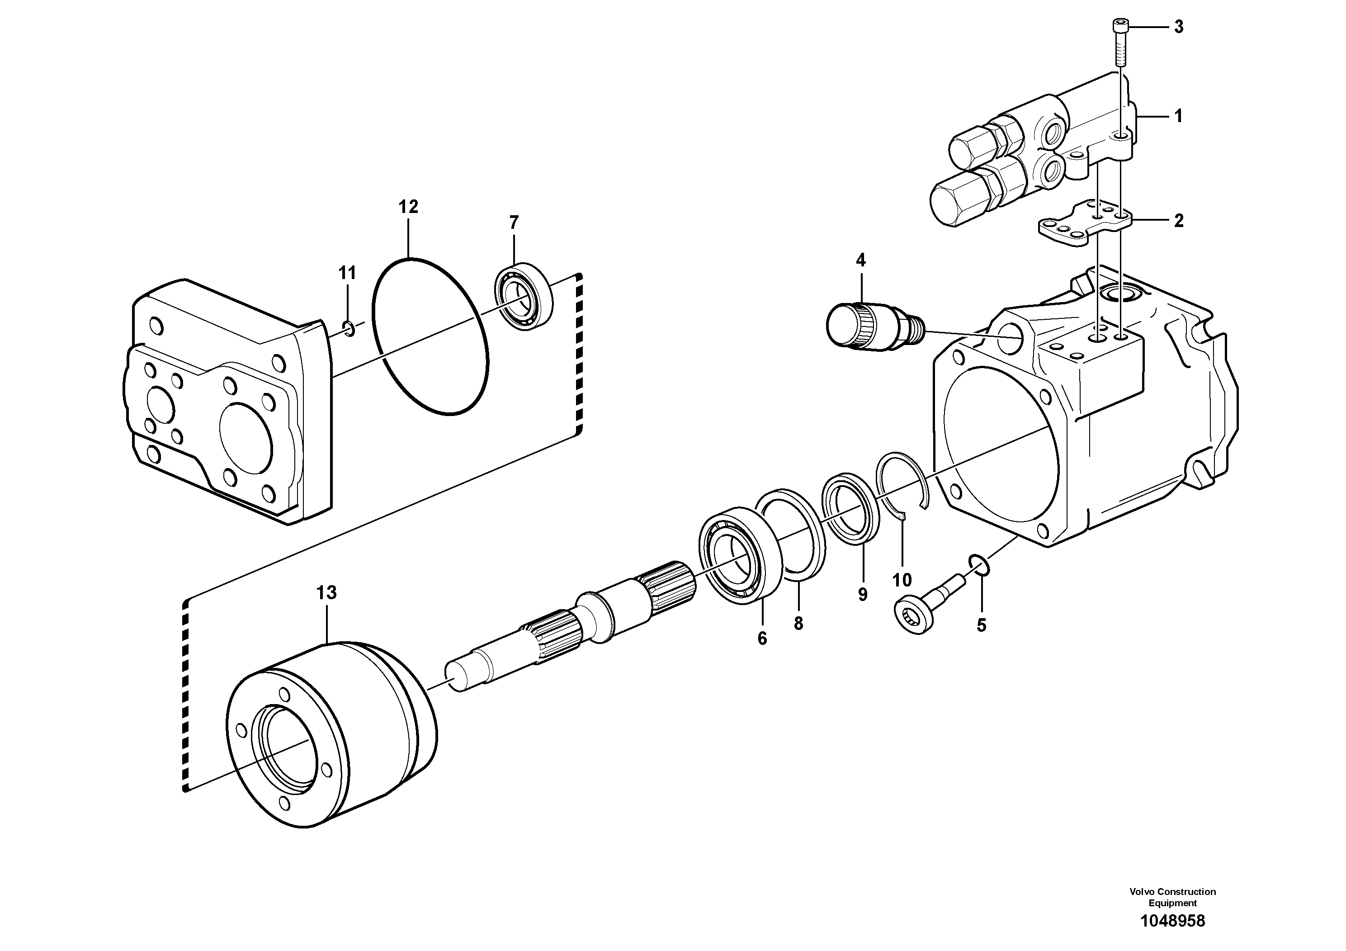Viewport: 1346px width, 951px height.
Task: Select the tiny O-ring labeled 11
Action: (x=348, y=329)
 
